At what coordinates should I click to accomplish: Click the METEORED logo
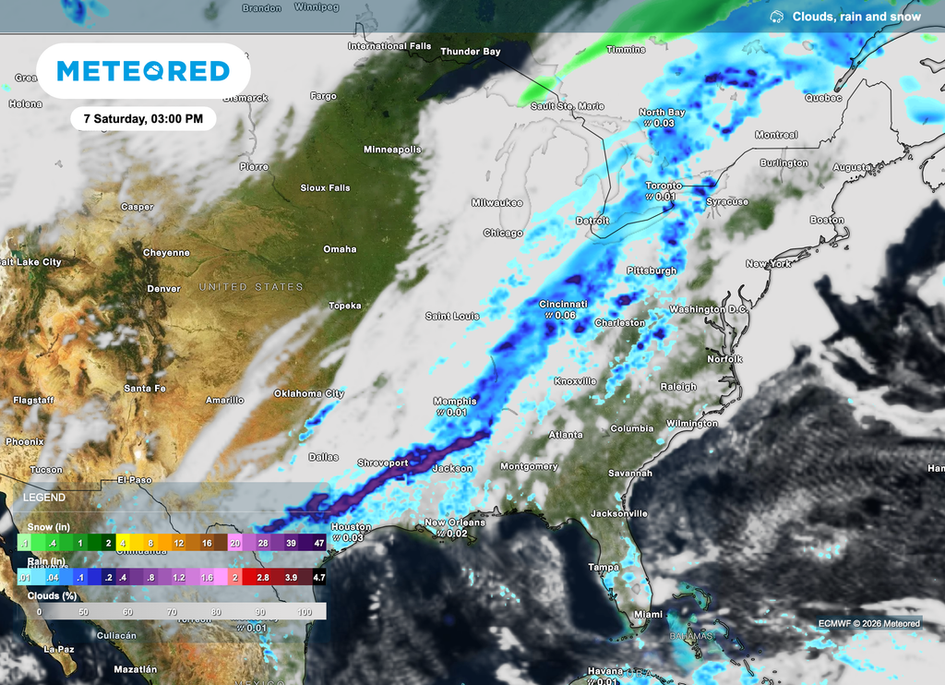(x=143, y=71)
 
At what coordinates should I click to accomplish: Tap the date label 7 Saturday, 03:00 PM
(x=143, y=119)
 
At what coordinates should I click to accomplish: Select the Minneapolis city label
(x=392, y=150)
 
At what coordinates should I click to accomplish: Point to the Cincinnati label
(x=563, y=304)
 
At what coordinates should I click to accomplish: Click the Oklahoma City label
(x=308, y=394)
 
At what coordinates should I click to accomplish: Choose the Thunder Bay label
(x=470, y=52)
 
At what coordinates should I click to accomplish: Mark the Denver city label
(x=163, y=289)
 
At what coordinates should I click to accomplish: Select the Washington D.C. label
(x=709, y=309)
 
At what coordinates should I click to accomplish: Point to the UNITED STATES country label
(x=251, y=287)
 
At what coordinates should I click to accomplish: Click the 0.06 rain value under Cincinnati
(x=565, y=316)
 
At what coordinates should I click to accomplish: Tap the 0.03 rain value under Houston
(x=353, y=537)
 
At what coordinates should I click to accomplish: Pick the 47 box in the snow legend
(x=318, y=543)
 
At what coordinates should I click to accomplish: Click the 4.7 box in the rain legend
(x=318, y=577)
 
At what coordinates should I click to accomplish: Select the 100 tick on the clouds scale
(x=306, y=611)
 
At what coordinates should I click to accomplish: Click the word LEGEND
(x=44, y=498)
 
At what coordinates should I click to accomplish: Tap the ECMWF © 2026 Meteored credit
(x=868, y=623)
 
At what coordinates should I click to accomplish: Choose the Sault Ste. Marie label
(x=566, y=106)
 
